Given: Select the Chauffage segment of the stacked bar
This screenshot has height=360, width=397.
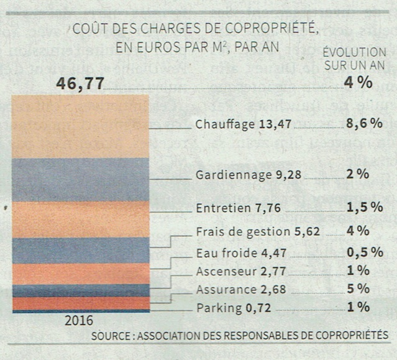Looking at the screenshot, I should (x=80, y=126).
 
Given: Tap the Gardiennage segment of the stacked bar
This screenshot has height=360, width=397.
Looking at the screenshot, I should (x=80, y=180).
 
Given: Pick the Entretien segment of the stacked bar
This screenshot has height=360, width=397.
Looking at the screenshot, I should (x=80, y=219).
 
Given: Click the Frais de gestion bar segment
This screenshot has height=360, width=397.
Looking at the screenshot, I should (x=80, y=251).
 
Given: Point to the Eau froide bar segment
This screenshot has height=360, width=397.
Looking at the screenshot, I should (x=80, y=274).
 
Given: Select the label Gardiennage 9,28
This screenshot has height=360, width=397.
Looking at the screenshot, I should (x=248, y=175).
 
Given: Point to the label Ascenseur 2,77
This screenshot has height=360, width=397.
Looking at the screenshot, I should (x=235, y=271).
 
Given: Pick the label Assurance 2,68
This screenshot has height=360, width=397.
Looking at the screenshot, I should (x=235, y=289).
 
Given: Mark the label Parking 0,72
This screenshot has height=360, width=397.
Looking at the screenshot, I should (x=227, y=308).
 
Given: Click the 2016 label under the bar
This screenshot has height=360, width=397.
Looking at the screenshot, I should (x=78, y=321).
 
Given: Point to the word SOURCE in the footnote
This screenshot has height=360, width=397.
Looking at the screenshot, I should (x=110, y=336).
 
